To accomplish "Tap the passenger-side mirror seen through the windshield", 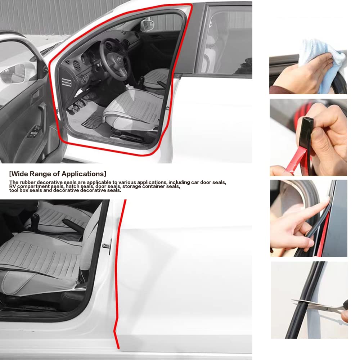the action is pos(147,25).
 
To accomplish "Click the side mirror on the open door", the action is pos(13,73).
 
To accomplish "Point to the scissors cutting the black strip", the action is pos(321,306).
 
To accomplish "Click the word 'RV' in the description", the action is pos(13,186).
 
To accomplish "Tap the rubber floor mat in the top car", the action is pos(92,122).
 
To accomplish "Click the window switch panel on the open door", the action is pos(35,132).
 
